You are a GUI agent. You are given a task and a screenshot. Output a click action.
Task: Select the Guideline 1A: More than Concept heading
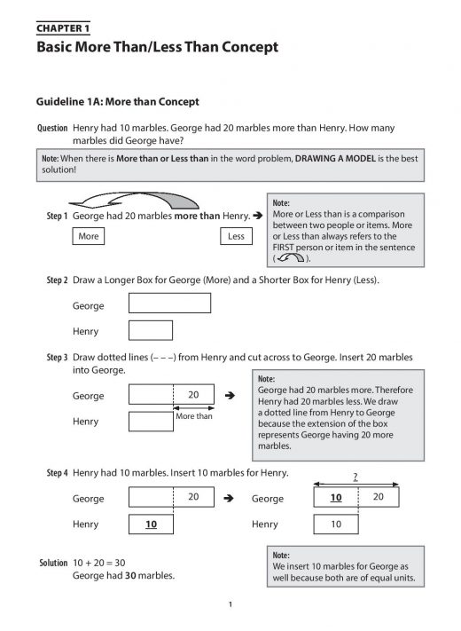pyautogui.click(x=117, y=102)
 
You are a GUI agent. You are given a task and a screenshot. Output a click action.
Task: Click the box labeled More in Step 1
pyautogui.click(x=89, y=237)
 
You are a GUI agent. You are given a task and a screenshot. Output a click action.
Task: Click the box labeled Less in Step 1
pyautogui.click(x=236, y=237)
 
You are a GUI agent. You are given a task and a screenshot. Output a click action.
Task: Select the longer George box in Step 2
pyautogui.click(x=170, y=304)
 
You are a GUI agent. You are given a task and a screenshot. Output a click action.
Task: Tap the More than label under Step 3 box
pyautogui.click(x=193, y=415)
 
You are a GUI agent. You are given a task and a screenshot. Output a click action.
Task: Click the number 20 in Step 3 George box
pyautogui.click(x=193, y=395)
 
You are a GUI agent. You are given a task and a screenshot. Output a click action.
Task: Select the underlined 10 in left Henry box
pyautogui.click(x=151, y=525)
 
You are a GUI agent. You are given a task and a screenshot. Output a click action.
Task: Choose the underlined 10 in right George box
pyautogui.click(x=336, y=499)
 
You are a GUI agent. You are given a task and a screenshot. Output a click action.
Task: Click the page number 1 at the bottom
pyautogui.click(x=230, y=606)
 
